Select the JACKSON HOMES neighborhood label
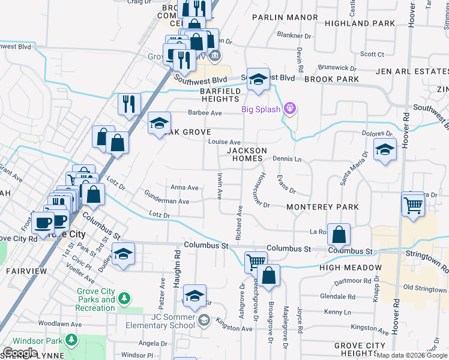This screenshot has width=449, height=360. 245,154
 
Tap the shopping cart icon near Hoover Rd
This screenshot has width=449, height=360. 414,205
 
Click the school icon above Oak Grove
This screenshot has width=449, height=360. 159,123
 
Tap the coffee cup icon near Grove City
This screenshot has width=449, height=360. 43,223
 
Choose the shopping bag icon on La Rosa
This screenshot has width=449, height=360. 339,235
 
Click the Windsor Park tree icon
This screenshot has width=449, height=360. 71,340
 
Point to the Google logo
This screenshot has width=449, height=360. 20,352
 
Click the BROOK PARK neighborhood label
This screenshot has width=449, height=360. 331,79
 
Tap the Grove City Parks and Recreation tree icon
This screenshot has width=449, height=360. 124,298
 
